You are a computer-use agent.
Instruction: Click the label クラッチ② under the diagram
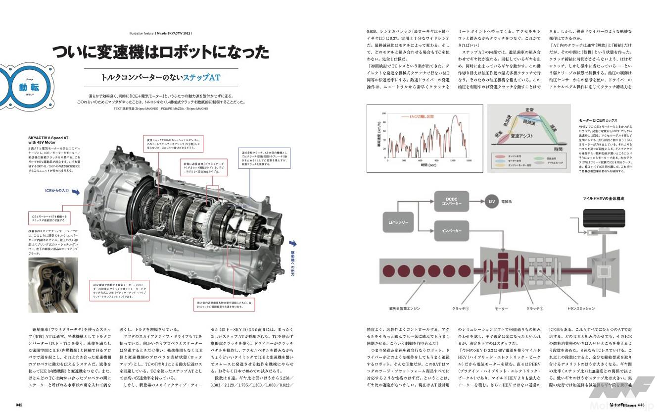pyautogui.click(x=535, y=309)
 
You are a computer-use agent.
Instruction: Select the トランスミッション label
pyautogui.click(x=581, y=309)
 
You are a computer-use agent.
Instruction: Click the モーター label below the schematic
pyautogui.click(x=501, y=309)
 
